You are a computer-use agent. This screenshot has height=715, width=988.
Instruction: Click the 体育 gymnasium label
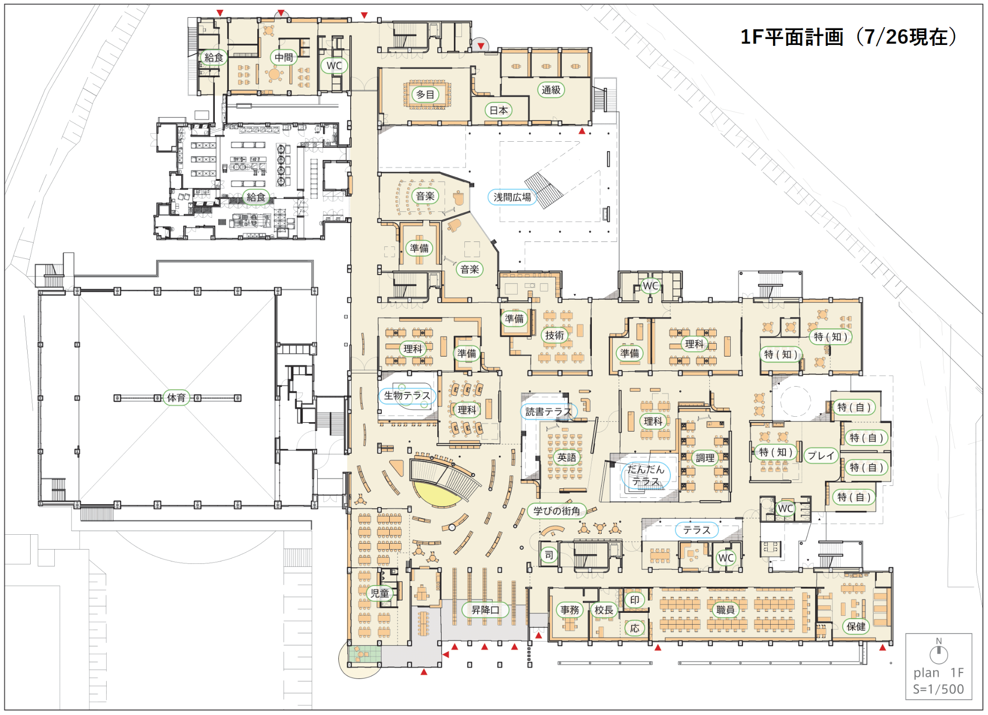tap(176, 397)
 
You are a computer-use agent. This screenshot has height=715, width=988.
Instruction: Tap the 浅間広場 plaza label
tap(512, 197)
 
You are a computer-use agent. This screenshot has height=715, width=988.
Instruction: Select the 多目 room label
tap(425, 94)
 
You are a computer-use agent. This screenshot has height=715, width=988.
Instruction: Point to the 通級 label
tap(551, 90)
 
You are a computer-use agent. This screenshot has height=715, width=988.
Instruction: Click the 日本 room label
tap(498, 110)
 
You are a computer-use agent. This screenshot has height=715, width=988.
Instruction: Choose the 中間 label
tap(284, 57)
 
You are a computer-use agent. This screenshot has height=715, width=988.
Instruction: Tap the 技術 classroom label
tap(554, 335)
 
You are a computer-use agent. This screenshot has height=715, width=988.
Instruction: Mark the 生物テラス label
tap(407, 396)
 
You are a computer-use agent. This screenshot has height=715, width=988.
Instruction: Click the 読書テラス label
tap(548, 411)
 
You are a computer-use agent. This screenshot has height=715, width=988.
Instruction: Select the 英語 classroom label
tap(567, 457)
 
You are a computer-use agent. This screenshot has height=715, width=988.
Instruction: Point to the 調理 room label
tap(705, 458)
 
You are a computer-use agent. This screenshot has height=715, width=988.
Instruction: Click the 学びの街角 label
tap(557, 511)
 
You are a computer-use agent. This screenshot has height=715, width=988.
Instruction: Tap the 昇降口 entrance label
tap(485, 610)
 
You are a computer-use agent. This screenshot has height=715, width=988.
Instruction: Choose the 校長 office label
tap(604, 610)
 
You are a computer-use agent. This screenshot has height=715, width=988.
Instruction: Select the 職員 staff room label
tap(725, 610)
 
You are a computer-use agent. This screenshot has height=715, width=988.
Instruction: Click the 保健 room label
tap(856, 627)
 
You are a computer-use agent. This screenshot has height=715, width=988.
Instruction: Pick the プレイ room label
tap(821, 455)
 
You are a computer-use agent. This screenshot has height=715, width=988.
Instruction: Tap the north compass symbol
tap(939, 652)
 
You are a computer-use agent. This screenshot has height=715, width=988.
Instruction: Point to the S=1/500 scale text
tap(938, 689)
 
